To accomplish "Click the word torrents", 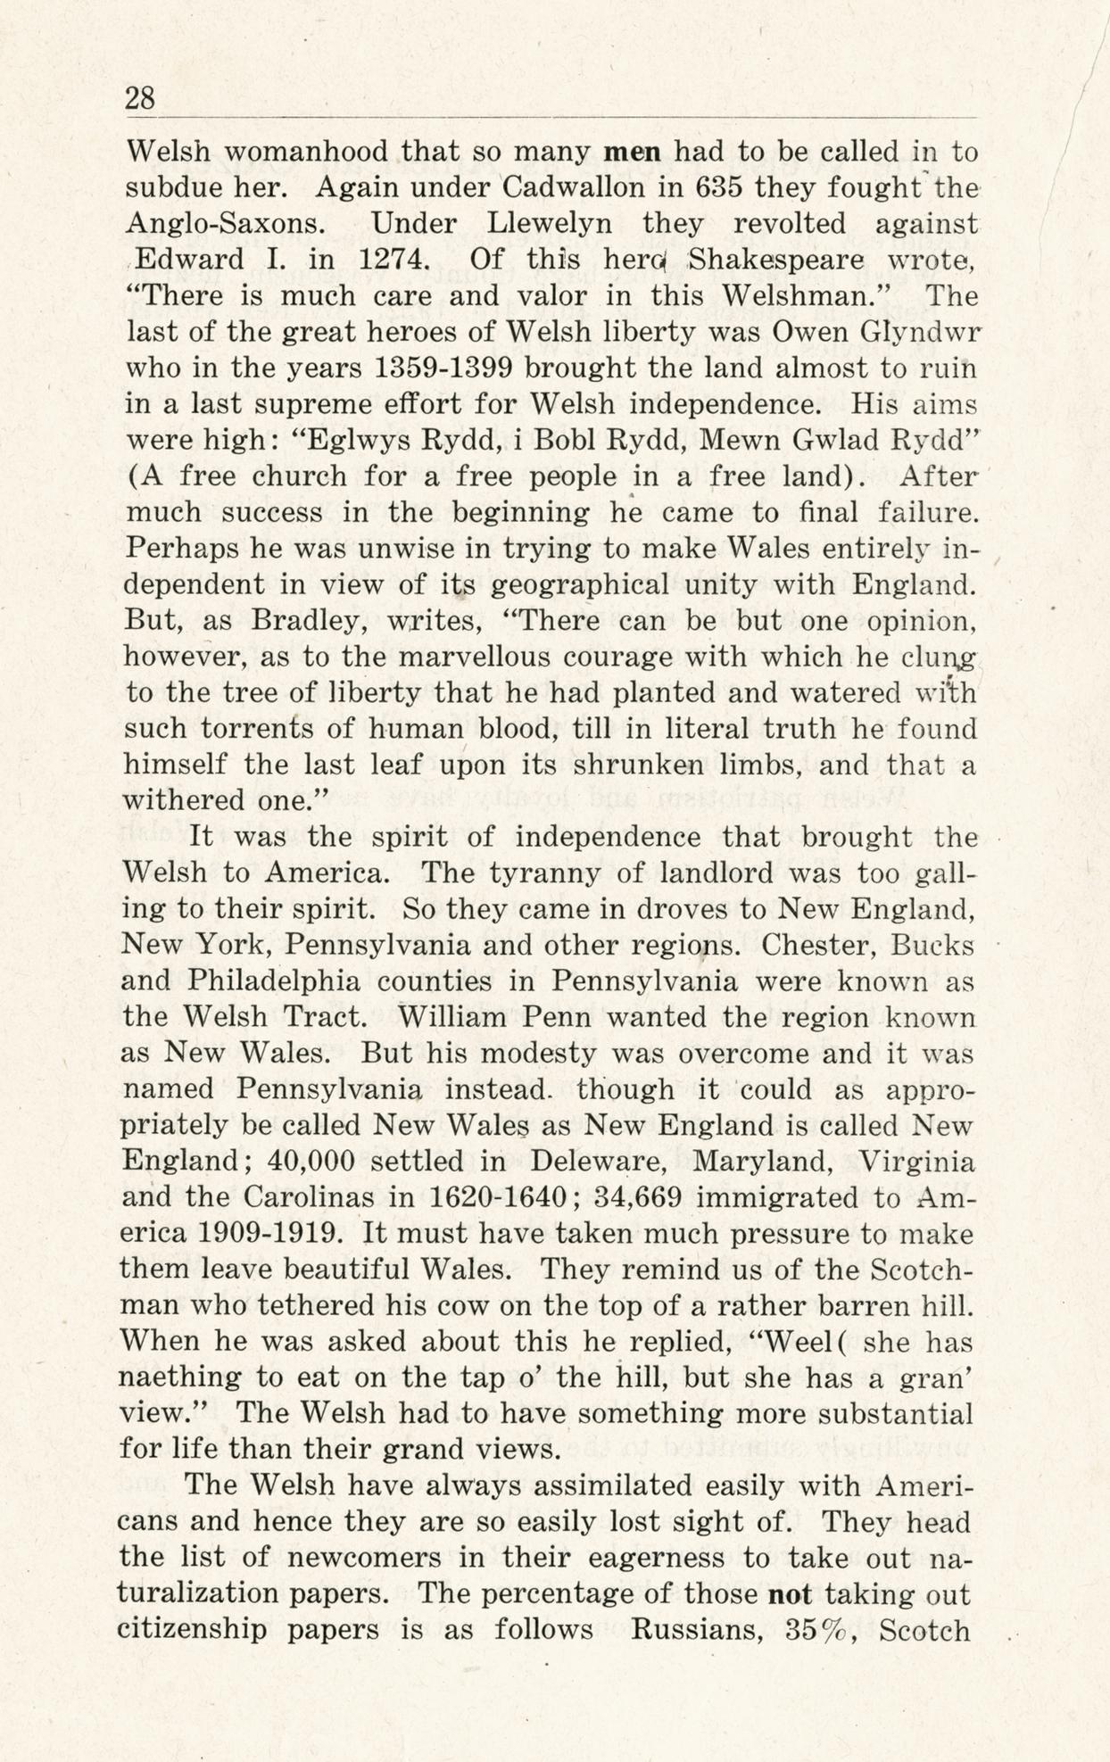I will (253, 729).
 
